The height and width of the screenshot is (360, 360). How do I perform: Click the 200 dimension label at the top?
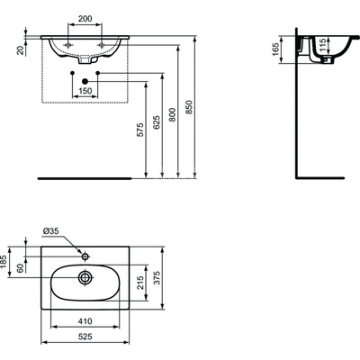pos(85,19)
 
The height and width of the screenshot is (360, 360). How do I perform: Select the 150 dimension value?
pos(85,91)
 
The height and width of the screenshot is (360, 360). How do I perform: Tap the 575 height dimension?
pos(140,130)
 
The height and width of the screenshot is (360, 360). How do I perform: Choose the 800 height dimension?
pos(173,114)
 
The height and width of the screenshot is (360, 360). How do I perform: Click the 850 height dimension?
pos(189,107)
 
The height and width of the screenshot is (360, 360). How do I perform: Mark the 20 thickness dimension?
pos(21,50)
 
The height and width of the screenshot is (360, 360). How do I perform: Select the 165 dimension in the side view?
pos(275,49)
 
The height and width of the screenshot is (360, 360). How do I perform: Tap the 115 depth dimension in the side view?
pos(322,45)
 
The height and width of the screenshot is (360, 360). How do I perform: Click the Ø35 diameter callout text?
pos(51,231)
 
